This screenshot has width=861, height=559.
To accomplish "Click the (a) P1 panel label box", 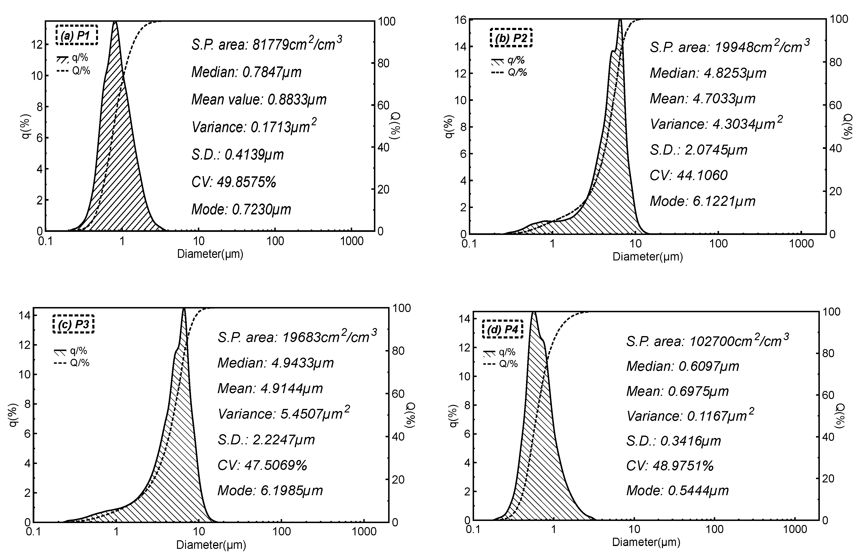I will (x=77, y=35).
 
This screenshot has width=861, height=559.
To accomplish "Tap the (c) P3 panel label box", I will (x=73, y=324).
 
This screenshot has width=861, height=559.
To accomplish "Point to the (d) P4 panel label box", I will (x=502, y=329).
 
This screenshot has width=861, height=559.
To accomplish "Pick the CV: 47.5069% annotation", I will (x=262, y=465).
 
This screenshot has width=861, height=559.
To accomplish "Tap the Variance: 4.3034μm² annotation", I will (x=716, y=124).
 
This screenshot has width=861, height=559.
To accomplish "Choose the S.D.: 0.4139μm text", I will (x=237, y=155).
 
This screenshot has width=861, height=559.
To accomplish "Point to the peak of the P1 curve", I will (x=115, y=22).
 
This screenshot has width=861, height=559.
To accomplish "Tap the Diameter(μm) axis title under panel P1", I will (x=210, y=254).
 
